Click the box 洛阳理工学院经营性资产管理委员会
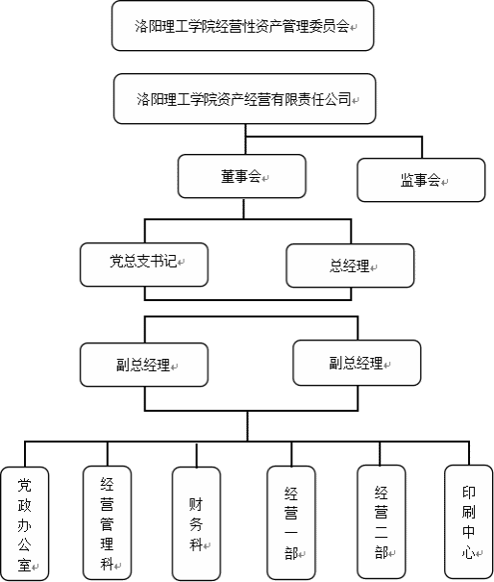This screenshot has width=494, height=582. point(242,26)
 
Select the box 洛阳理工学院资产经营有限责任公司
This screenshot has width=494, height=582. point(244,99)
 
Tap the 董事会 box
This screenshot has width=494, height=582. point(242,176)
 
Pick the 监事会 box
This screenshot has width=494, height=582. point(421,180)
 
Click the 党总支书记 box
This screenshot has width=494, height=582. point(144,265)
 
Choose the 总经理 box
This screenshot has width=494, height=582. point(350,266)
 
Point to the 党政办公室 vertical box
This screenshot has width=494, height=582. point(25,523)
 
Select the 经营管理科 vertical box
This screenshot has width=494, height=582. point(108,522)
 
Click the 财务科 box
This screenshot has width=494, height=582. point(197,523)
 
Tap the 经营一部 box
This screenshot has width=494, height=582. point(291,522)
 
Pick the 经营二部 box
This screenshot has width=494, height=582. point(382,521)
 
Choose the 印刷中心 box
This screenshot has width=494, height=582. point(469,521)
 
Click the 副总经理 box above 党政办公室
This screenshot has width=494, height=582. point(144,365)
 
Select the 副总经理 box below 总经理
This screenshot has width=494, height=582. point(357,363)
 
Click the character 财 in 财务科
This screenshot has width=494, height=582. point(196,504)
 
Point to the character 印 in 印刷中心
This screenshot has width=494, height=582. point(469,493)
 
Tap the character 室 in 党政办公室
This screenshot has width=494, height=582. point(25,565)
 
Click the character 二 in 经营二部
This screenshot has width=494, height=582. point(382,533)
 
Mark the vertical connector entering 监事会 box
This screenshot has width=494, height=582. point(422,147)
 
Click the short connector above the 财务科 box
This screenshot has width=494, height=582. point(197,455)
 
